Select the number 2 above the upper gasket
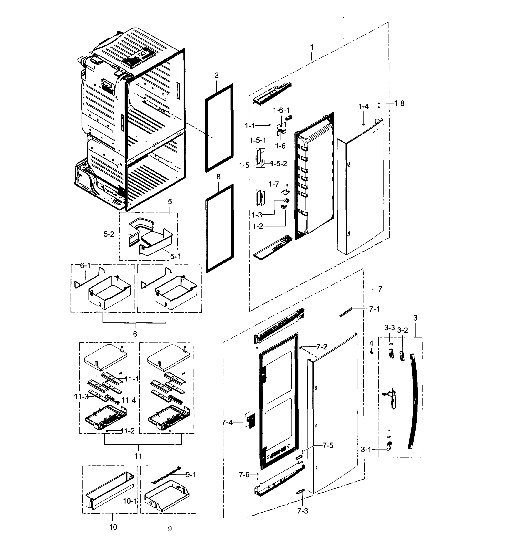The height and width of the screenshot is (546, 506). (217, 75)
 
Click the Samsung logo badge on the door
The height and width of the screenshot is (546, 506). (346, 312)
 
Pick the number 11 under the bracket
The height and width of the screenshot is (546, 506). (138, 456)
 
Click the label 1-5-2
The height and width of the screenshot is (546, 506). (279, 164)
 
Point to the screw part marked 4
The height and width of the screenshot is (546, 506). (372, 352)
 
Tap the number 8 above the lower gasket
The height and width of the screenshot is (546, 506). (218, 177)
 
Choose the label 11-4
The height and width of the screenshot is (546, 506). (129, 400)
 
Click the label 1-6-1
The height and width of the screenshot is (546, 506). (281, 110)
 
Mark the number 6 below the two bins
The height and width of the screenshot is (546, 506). (135, 334)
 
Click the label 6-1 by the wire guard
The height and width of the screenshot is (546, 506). (85, 265)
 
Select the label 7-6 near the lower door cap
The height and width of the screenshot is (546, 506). (244, 474)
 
